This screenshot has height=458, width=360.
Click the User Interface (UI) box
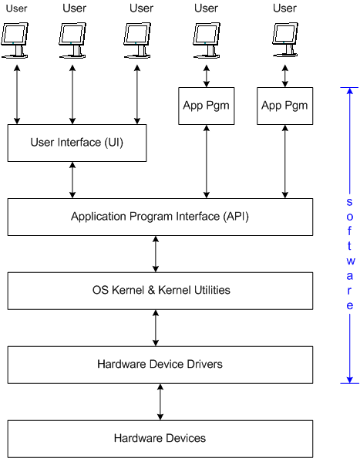(77, 143)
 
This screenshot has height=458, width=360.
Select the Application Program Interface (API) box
(160, 217)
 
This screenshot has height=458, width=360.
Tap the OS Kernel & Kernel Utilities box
(160, 291)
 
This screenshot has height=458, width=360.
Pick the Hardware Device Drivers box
(160, 365)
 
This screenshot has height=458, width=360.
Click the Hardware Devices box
(160, 439)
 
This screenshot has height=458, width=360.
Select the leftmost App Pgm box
(206, 106)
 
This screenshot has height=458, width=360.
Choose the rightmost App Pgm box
(284, 106)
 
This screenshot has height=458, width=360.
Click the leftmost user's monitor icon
(15, 40)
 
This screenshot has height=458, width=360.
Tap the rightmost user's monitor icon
(285, 39)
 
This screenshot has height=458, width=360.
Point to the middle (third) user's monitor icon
(137, 40)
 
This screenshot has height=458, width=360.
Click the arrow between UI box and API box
(72, 180)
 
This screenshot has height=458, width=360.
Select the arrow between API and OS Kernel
(156, 254)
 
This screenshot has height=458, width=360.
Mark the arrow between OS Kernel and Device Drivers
(156, 328)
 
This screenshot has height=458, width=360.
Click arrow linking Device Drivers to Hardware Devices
(160, 402)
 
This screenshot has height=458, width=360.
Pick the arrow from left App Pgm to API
(207, 161)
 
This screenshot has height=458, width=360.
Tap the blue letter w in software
(351, 261)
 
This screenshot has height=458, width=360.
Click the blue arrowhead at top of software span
(349, 90)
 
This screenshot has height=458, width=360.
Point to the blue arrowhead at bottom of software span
(349, 379)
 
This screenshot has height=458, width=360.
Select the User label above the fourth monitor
(206, 8)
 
